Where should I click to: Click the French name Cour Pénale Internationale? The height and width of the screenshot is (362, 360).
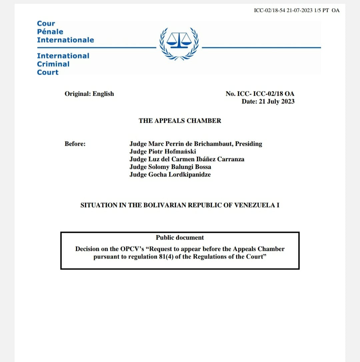[x=65, y=32]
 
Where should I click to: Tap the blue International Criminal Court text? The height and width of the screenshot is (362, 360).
[x=63, y=64]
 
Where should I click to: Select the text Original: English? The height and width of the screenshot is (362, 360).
[x=89, y=94]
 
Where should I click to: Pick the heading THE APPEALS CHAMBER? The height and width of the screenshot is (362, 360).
[x=180, y=121]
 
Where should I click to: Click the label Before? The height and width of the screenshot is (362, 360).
[x=75, y=144]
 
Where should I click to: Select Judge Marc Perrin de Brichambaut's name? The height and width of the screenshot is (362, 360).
[x=182, y=144]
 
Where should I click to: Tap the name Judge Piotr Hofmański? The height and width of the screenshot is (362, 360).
[x=163, y=151]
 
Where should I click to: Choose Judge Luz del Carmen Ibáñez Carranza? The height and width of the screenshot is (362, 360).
[x=187, y=159]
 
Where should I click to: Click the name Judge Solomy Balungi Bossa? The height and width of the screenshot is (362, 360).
[x=170, y=167]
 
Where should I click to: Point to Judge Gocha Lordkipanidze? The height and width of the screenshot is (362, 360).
[x=170, y=174]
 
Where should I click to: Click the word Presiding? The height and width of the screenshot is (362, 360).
[x=249, y=144]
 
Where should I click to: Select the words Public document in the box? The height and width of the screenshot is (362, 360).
[x=180, y=238]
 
